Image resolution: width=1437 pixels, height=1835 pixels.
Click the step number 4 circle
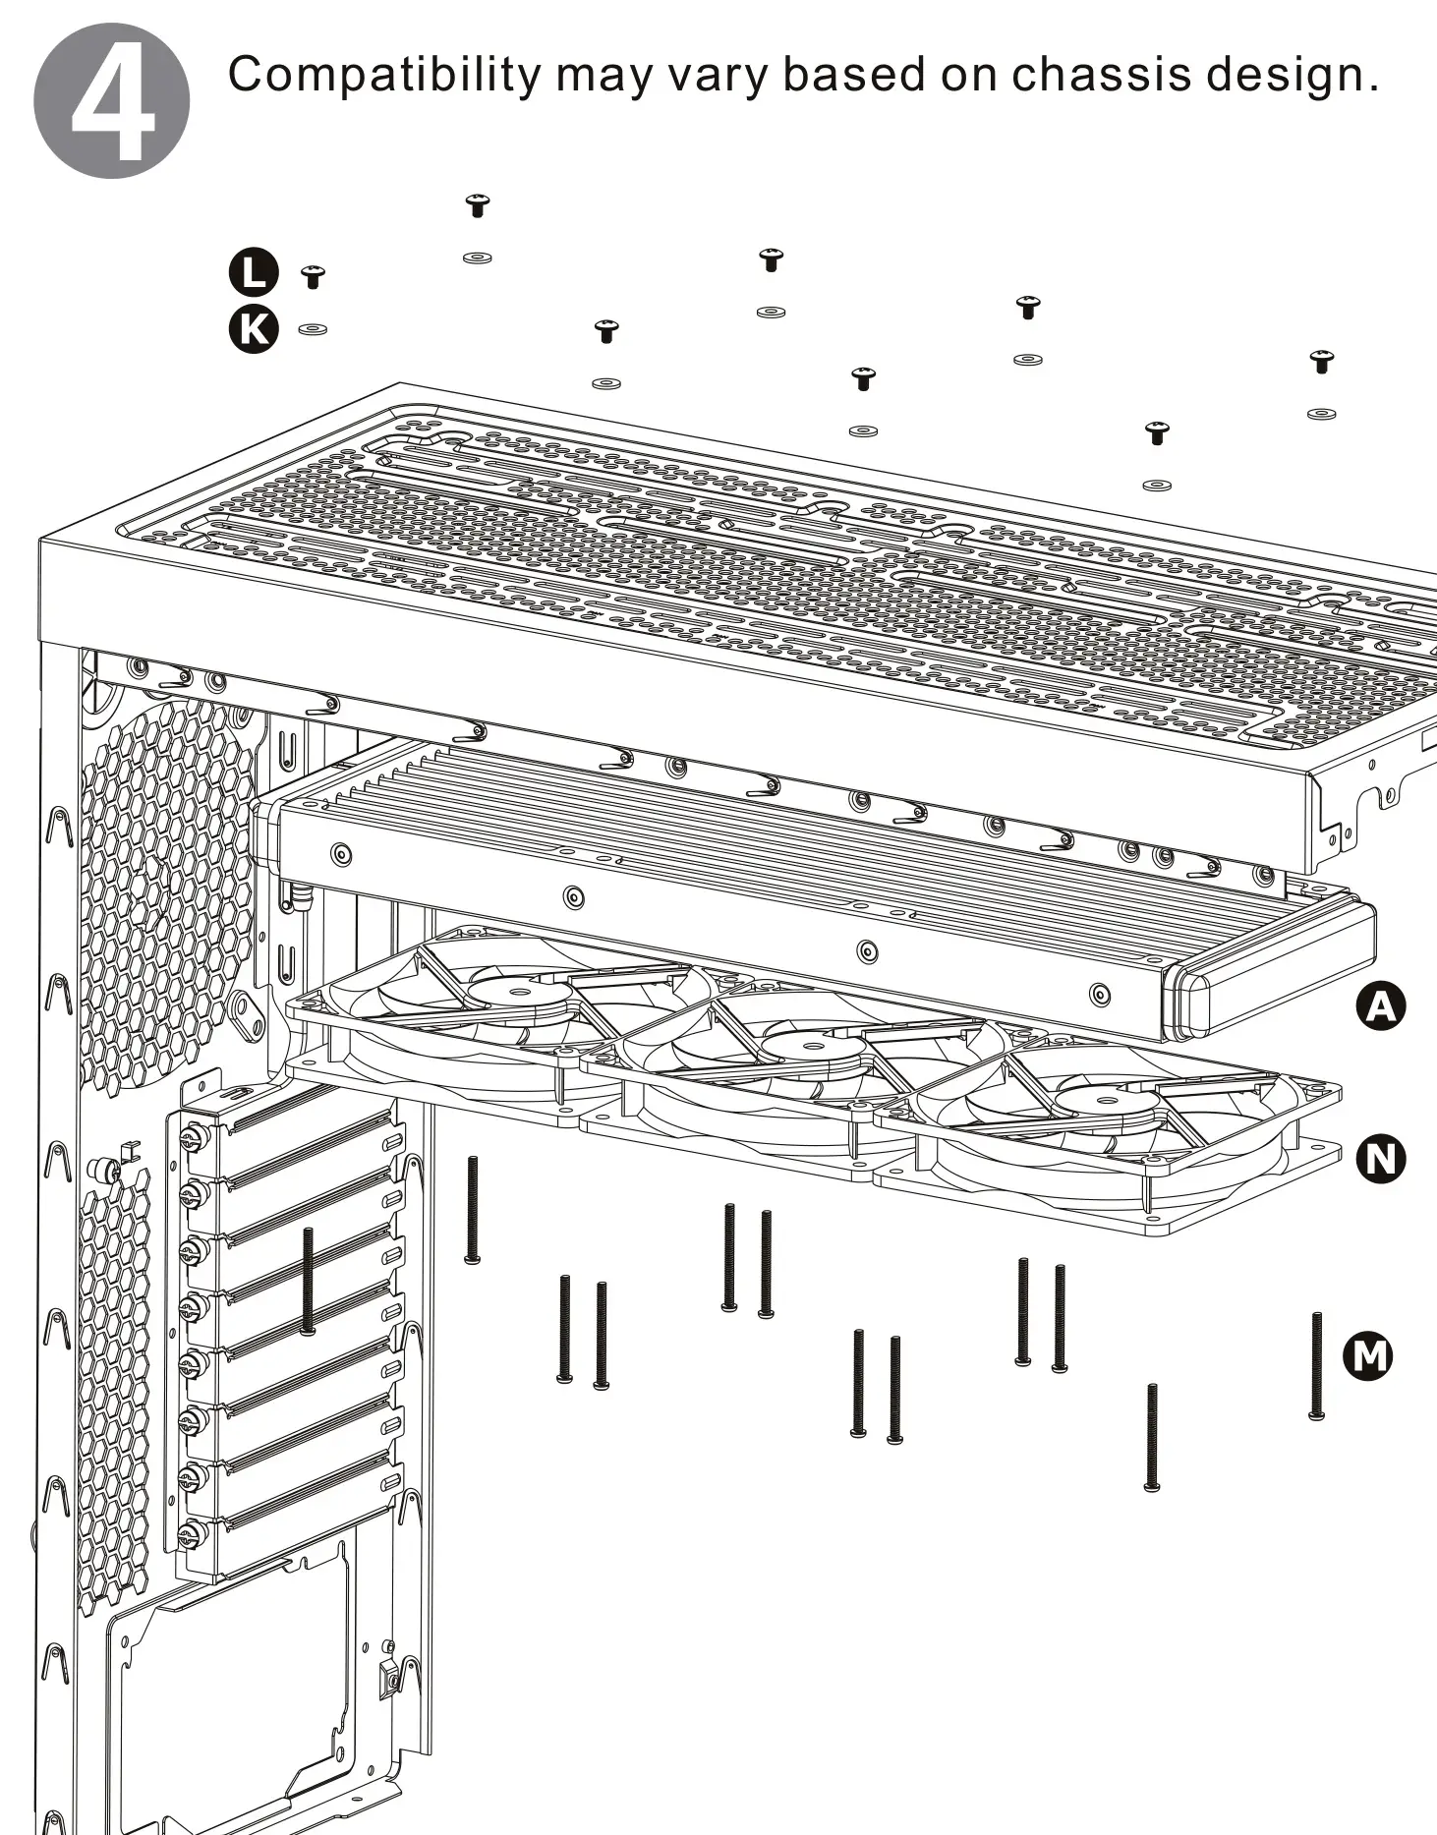coord(111,100)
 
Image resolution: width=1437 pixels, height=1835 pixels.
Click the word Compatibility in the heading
coord(384,76)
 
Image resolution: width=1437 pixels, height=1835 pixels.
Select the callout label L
coord(254,273)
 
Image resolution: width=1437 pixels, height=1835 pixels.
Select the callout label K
coord(254,329)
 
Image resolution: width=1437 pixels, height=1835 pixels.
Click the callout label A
coord(1381,1007)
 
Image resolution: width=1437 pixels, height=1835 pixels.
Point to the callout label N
coord(1381,1159)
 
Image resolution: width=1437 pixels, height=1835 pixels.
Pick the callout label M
coord(1367,1357)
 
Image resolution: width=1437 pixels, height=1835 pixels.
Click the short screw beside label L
coord(313,276)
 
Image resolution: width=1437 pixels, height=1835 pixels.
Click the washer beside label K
coord(313,329)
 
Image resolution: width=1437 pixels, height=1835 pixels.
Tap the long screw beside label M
coord(1317,1366)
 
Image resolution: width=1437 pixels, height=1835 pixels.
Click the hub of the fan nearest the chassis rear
coord(518,988)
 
